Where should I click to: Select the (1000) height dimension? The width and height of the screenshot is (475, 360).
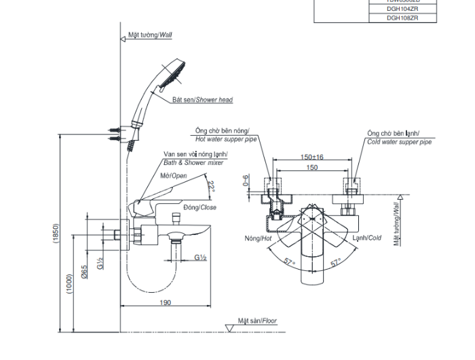point(69,283)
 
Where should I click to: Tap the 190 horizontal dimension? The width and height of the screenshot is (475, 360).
point(166,302)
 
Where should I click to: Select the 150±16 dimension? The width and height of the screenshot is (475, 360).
point(312,157)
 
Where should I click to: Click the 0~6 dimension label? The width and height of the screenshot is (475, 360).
point(246,181)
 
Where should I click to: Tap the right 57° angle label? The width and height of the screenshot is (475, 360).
point(335,262)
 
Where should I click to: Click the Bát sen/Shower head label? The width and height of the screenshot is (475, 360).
point(202,100)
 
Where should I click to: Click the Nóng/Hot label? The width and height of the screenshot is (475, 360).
point(258,238)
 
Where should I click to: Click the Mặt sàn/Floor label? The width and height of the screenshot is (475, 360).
point(256,321)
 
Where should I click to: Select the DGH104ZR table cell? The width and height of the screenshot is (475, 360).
point(402,10)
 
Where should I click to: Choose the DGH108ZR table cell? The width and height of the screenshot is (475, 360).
point(402,18)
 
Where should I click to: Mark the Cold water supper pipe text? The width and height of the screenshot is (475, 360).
point(399,142)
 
